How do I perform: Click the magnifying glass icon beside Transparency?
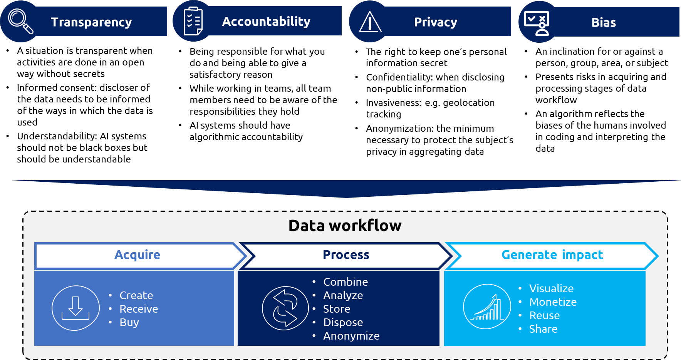(x=21, y=22)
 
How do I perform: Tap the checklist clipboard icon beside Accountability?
(x=193, y=21)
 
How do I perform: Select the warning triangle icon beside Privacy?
(x=370, y=22)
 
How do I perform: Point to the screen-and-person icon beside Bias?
(x=537, y=23)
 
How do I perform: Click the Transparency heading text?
(x=91, y=22)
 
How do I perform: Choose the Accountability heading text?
(x=266, y=22)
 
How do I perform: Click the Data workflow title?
(x=345, y=226)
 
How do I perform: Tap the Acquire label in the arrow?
(x=137, y=255)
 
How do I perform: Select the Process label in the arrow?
(x=346, y=255)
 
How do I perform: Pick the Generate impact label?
(x=552, y=255)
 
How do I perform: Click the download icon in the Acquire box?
(x=75, y=308)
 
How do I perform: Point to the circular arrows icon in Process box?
(x=285, y=308)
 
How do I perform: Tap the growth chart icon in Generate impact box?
(x=487, y=306)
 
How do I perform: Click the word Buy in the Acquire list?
(x=129, y=322)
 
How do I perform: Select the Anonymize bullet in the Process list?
(x=351, y=336)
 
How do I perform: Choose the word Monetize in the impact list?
(x=553, y=302)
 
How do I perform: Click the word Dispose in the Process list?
(x=343, y=322)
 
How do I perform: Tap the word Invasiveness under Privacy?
(x=393, y=103)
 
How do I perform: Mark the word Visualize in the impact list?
(x=551, y=288)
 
